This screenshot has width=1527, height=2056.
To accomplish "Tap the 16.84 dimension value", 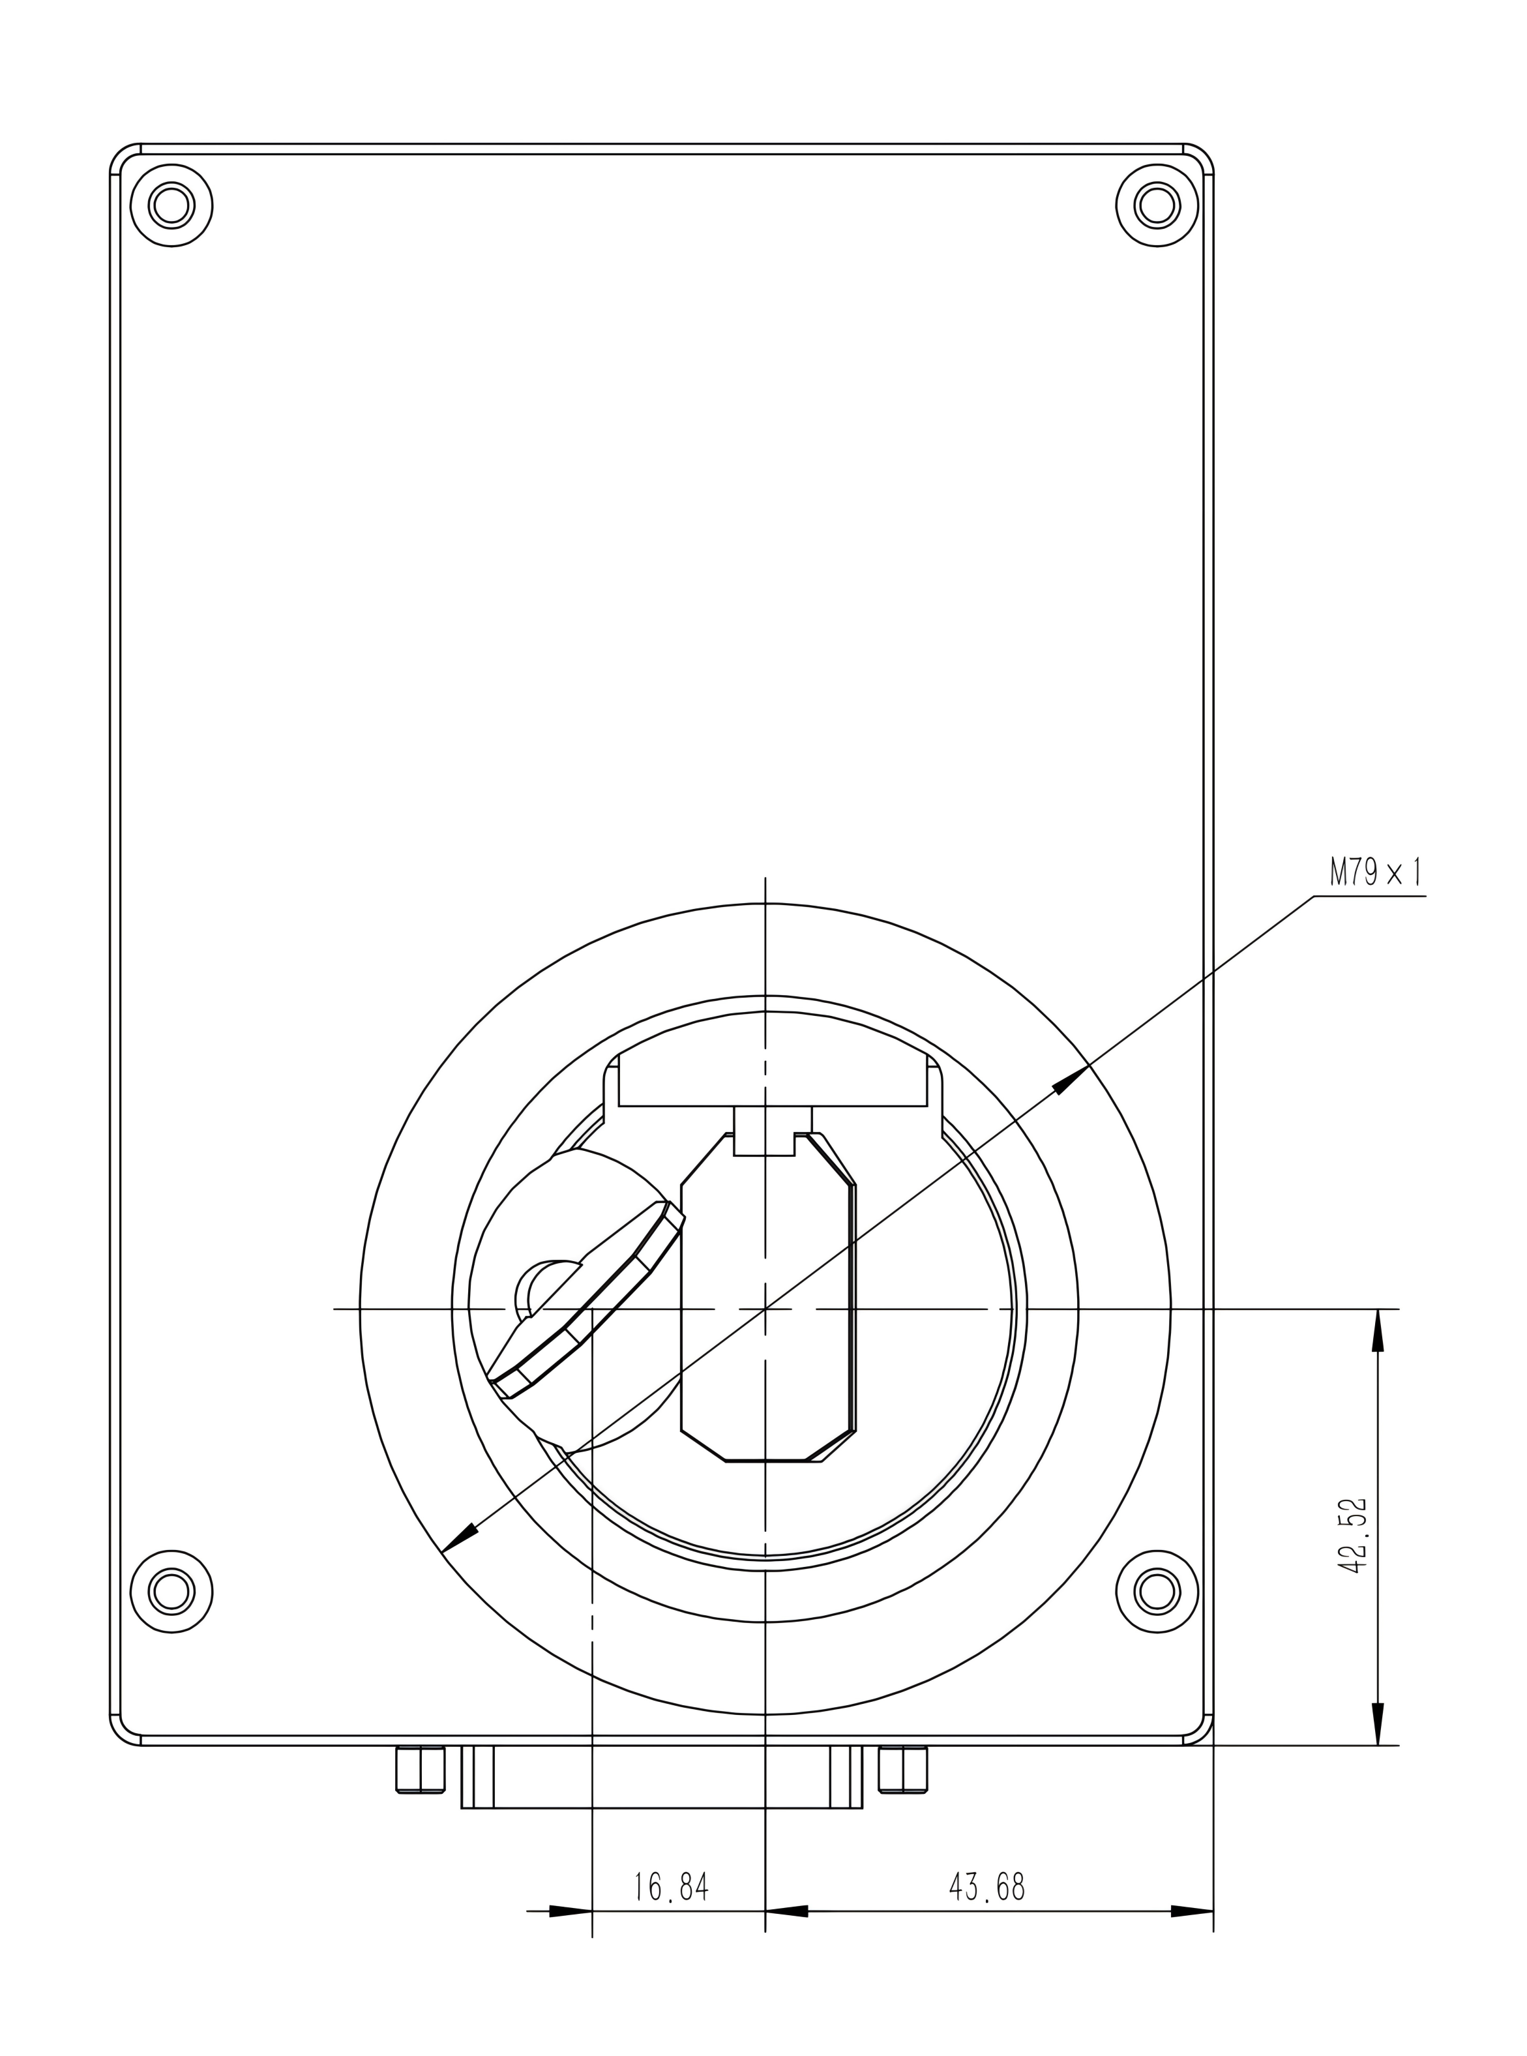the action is click(671, 1886).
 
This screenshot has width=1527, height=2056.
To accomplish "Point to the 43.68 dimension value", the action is click(987, 1886).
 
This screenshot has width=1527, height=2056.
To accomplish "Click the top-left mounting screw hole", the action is click(172, 205).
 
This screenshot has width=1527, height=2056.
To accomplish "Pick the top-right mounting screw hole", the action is click(1157, 205).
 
